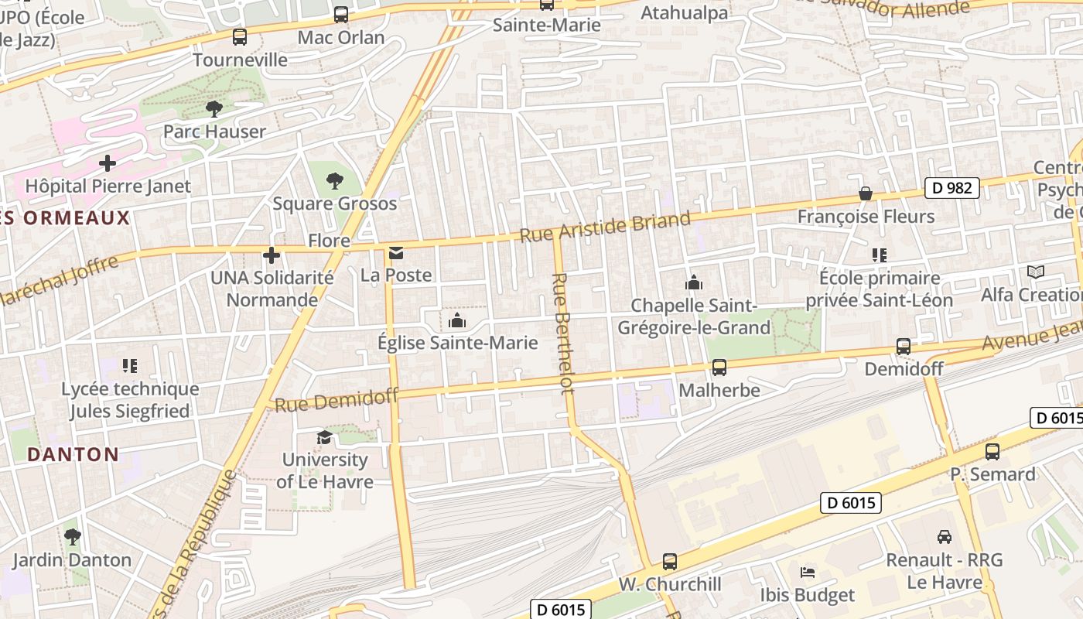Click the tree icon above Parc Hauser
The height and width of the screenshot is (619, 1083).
pyautogui.click(x=214, y=109)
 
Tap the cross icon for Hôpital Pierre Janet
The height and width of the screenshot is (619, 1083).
pyautogui.click(x=108, y=163)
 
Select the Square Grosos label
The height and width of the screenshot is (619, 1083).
pyautogui.click(x=334, y=203)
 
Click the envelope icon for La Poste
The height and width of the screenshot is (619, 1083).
pyautogui.click(x=396, y=253)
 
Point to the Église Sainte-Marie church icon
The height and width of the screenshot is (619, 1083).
pyautogui.click(x=456, y=320)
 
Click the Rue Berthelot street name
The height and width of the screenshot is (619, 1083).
pyautogui.click(x=563, y=333)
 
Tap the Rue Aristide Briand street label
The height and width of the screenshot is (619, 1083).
pyautogui.click(x=604, y=227)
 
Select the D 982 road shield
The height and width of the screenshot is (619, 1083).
pyautogui.click(x=952, y=187)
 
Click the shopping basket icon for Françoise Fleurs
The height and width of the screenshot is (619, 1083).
pyautogui.click(x=866, y=193)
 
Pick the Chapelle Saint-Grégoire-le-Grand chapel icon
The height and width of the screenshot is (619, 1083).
pyautogui.click(x=694, y=283)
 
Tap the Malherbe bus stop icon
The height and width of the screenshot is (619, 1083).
pyautogui.click(x=719, y=368)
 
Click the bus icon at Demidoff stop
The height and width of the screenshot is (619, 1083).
pyautogui.click(x=903, y=347)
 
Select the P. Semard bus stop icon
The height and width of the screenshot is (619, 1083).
pyautogui.click(x=992, y=452)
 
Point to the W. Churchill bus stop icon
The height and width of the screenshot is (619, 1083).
pyautogui.click(x=670, y=562)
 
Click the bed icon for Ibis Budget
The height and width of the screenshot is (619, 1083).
pyautogui.click(x=807, y=573)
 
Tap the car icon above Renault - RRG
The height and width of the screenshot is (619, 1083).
pyautogui.click(x=944, y=536)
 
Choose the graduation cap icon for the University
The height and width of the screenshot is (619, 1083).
pyautogui.click(x=324, y=437)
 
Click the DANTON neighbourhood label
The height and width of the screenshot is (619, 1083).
pyautogui.click(x=73, y=454)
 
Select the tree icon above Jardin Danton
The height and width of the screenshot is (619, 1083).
pyautogui.click(x=72, y=536)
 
